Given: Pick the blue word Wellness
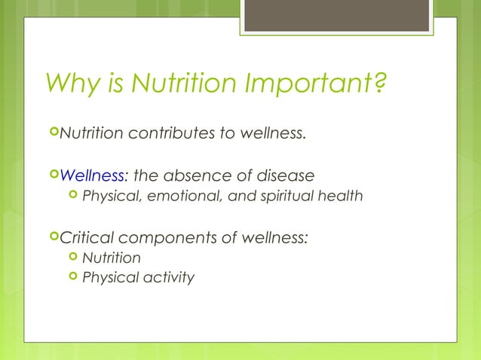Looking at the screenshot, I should [x=91, y=176].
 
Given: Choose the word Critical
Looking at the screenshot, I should [x=90, y=238].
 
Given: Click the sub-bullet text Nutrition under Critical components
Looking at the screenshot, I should [x=111, y=258].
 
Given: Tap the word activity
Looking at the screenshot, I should [x=166, y=278].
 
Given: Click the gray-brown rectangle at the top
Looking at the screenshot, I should [x=336, y=15].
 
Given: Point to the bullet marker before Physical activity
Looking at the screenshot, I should [x=72, y=276].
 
